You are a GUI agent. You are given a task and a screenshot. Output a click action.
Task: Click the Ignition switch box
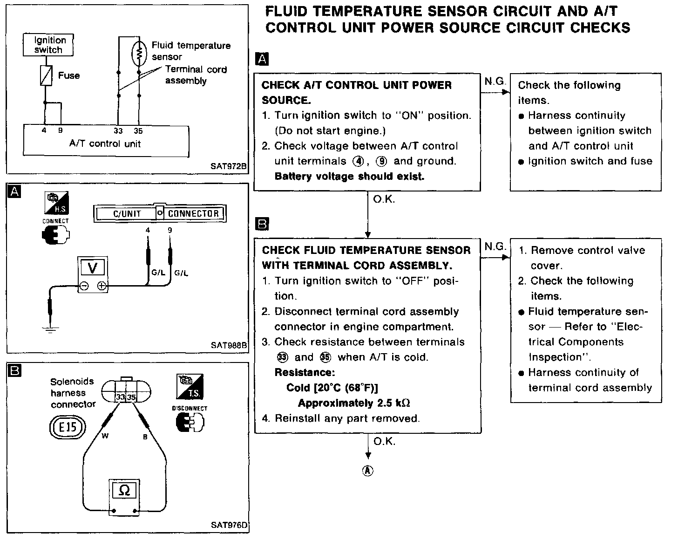[48, 45]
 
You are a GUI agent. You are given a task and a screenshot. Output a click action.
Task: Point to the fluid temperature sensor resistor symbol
[138, 54]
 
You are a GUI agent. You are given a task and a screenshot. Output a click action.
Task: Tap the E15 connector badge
[68, 427]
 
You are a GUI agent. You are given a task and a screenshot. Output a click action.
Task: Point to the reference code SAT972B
[228, 166]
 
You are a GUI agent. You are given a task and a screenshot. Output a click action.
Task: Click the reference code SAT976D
[228, 525]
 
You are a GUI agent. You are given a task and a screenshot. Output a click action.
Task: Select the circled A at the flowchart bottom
[368, 471]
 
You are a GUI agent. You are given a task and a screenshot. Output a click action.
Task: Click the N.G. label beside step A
[495, 82]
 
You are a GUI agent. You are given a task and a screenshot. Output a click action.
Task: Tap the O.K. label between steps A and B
[384, 199]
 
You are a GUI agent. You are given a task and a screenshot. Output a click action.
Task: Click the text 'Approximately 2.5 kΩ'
[354, 403]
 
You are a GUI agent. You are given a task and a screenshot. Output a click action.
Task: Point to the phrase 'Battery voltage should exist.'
[349, 177]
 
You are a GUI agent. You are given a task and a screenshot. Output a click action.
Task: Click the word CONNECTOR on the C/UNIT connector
[193, 214]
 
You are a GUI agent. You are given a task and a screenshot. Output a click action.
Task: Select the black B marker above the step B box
[262, 225]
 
